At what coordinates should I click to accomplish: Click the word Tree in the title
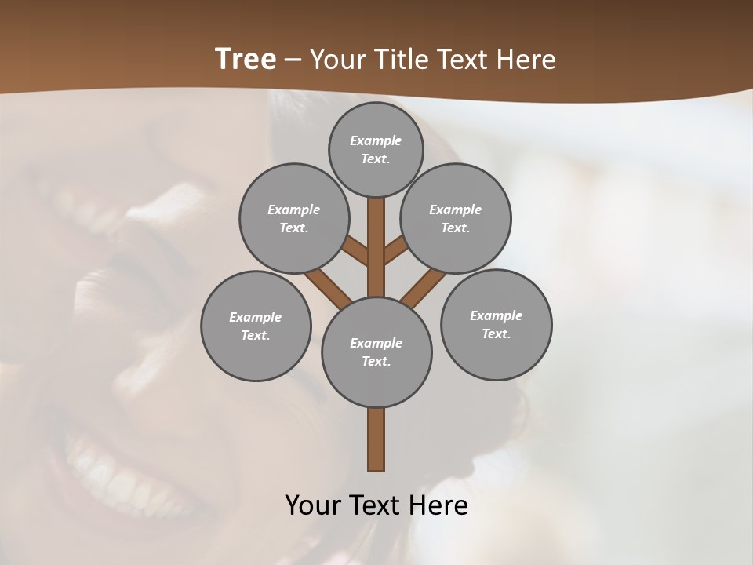tap(246, 59)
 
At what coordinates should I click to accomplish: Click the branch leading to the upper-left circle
tap(356, 250)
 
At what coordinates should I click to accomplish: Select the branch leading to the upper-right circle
tap(397, 250)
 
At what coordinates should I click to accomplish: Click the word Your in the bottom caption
tap(313, 505)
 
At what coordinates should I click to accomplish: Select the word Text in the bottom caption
tap(379, 505)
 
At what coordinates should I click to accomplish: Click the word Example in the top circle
tap(376, 140)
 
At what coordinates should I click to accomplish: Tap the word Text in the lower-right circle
tap(496, 334)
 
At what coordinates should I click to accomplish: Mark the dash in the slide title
tap(293, 60)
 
